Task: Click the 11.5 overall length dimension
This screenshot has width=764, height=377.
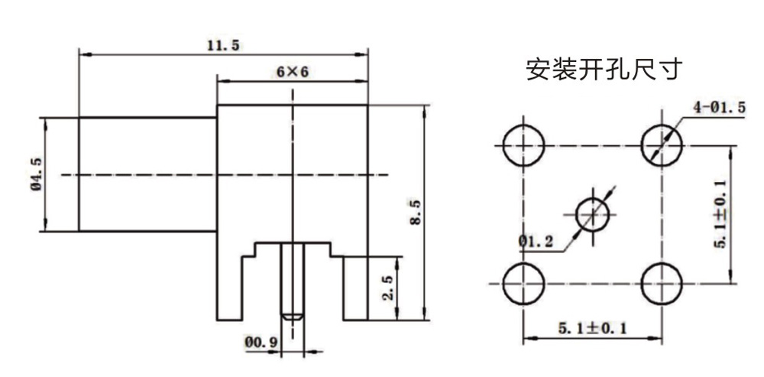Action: pos(224,46)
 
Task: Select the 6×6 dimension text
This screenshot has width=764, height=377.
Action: pos(293,72)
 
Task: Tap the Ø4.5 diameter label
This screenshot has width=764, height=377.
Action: pos(37,174)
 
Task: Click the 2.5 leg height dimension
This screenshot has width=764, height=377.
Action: pos(388,288)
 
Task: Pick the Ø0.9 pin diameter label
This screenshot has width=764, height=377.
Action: pos(261,343)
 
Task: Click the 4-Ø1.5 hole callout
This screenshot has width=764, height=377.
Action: pos(720,108)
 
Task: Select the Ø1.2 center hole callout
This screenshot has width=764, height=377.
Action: pos(536,241)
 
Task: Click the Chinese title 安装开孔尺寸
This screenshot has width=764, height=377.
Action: pos(604,70)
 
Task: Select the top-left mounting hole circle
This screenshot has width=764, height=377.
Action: pos(523,145)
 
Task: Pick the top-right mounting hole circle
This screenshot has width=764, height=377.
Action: pos(662,145)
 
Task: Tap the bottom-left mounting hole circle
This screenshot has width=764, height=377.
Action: pos(523,284)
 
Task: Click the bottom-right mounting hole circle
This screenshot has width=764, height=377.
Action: pos(662,284)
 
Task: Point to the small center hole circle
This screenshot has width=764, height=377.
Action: pos(593,215)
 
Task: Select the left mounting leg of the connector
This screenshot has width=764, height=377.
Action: pos(229,288)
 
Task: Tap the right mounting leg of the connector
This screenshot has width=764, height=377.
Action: pos(356,288)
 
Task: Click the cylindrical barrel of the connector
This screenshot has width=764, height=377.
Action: pos(147,174)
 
